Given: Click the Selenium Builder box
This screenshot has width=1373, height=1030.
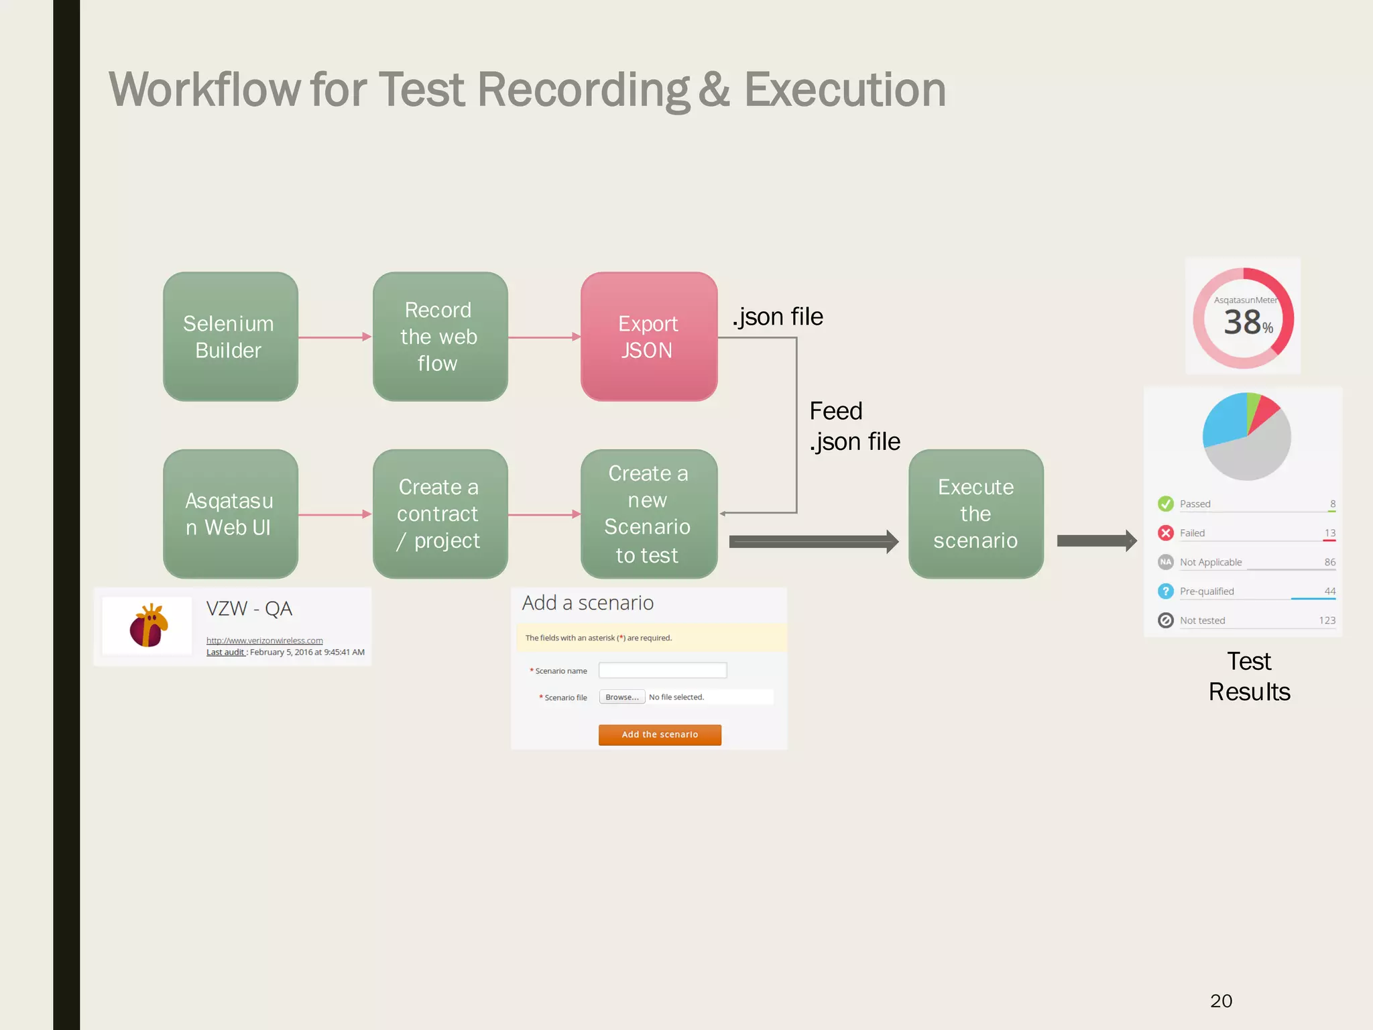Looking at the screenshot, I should (230, 337).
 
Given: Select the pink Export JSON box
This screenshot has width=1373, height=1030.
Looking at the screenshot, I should (648, 337).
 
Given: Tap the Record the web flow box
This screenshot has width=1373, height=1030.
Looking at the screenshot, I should (440, 337).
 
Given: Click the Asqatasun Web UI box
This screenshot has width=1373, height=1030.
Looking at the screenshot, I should (230, 514).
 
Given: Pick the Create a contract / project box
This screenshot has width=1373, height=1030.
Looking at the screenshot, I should (440, 514).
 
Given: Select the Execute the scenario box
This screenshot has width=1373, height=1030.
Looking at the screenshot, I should (975, 514).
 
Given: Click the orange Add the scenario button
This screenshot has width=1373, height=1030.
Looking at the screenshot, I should (660, 734).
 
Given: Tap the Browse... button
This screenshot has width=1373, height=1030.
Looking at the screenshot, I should (621, 697).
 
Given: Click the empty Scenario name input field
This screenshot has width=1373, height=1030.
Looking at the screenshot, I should (662, 670).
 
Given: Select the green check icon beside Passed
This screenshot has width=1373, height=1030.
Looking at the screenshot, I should (1165, 504).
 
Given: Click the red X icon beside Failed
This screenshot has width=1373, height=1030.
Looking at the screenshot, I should (1165, 533).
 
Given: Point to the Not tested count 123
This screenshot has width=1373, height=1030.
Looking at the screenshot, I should (1327, 620).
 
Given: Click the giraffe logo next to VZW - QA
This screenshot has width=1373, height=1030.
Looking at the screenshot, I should (148, 625).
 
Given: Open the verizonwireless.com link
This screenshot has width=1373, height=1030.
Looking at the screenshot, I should (264, 640).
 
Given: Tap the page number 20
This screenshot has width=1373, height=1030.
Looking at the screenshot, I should (1221, 1000).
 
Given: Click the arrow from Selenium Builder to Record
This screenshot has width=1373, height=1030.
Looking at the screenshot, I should (335, 337).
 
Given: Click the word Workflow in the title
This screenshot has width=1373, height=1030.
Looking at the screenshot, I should (204, 90).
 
